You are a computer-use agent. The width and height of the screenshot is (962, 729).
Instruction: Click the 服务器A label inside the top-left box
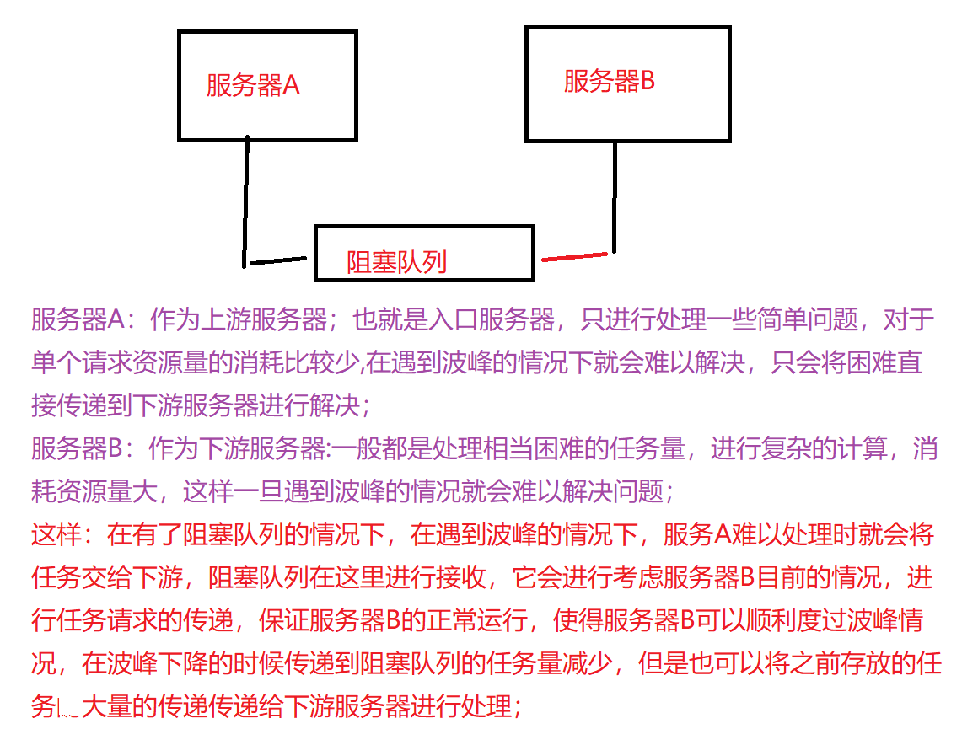point(253,85)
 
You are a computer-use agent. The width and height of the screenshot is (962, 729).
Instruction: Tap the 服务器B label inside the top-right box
point(609,81)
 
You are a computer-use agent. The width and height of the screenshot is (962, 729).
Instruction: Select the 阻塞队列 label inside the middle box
point(396,262)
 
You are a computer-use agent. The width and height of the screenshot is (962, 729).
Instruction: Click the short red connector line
point(574,256)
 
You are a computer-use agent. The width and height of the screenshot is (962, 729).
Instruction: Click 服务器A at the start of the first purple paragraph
point(78,320)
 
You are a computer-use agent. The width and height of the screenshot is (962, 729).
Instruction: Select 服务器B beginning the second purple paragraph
point(78,448)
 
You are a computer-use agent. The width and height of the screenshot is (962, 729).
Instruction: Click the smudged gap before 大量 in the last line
point(67,706)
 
